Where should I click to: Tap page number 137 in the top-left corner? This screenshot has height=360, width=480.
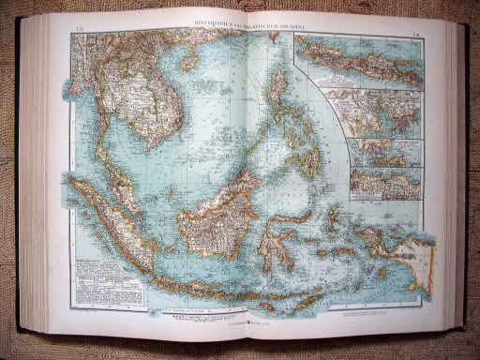coord(76,32)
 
